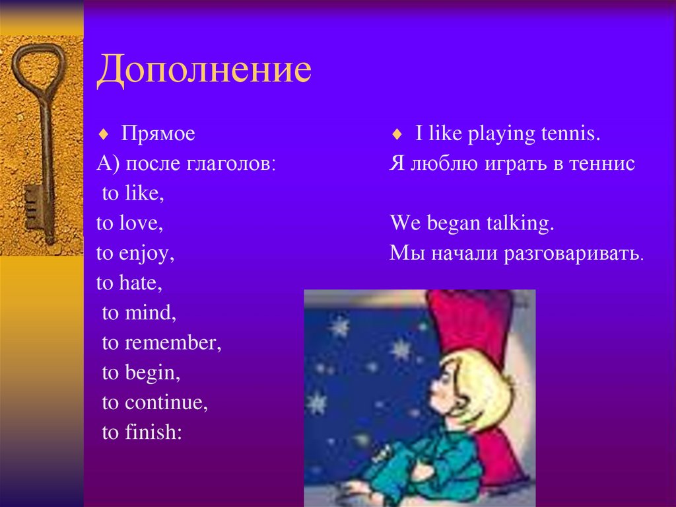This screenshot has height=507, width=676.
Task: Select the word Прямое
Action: coord(158,134)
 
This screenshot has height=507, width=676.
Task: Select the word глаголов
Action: coord(231,165)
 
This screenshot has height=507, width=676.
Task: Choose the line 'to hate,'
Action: coord(129,284)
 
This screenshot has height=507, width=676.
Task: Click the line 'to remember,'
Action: coord(161,343)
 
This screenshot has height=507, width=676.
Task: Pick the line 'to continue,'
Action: coord(154,403)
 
